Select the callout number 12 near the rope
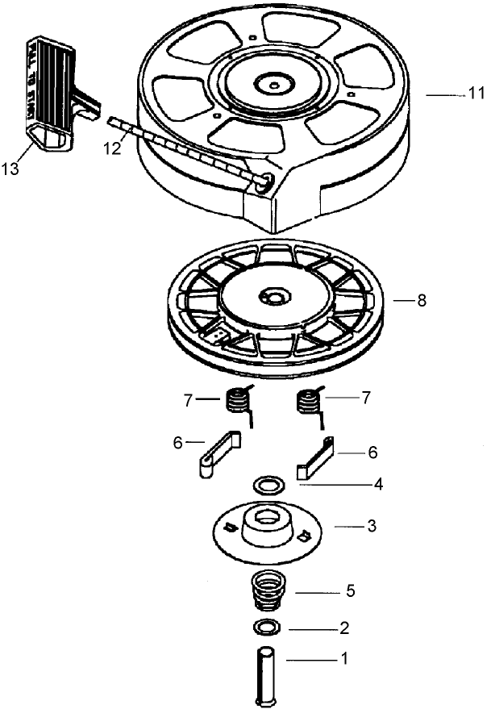[x=113, y=148]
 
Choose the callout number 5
[x=351, y=591]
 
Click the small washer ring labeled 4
[x=268, y=486]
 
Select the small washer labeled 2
[x=266, y=628]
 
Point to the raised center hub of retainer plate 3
[x=265, y=523]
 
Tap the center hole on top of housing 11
[x=275, y=82]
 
